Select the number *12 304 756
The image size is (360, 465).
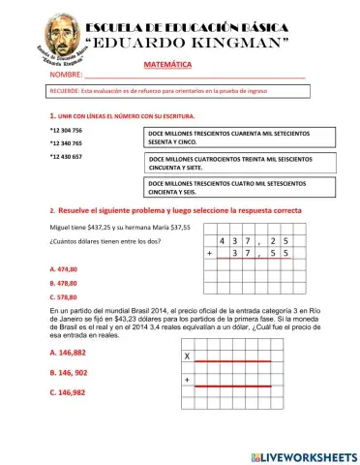coord(66,129)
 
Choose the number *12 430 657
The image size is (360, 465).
coord(66,156)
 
